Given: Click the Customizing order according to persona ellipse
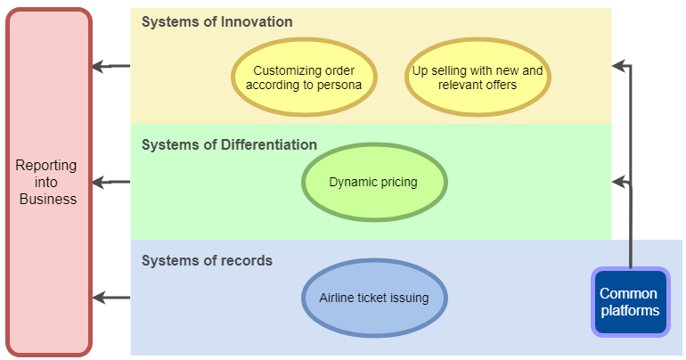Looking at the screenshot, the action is (304, 77).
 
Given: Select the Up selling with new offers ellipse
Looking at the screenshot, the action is (478, 77).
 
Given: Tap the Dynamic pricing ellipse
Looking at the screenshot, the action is (374, 182).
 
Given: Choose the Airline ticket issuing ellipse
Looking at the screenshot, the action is (374, 298).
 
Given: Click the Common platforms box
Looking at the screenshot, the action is (631, 302).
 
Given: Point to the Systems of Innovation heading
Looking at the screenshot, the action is (217, 22).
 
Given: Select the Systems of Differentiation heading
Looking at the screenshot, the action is (229, 144).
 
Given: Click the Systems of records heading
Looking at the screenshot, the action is (207, 261).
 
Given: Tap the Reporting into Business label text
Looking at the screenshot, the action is (47, 182).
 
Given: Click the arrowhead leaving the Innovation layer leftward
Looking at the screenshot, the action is (98, 67).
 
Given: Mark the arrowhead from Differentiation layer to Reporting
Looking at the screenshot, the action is (98, 182).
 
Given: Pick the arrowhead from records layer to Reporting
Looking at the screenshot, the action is (98, 298).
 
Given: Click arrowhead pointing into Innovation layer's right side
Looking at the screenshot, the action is (617, 66).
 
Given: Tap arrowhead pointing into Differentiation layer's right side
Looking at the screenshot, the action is (617, 182).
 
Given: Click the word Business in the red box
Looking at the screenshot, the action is (48, 199).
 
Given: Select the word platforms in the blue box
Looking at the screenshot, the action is (630, 311).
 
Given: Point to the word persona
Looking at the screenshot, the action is (339, 85).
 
